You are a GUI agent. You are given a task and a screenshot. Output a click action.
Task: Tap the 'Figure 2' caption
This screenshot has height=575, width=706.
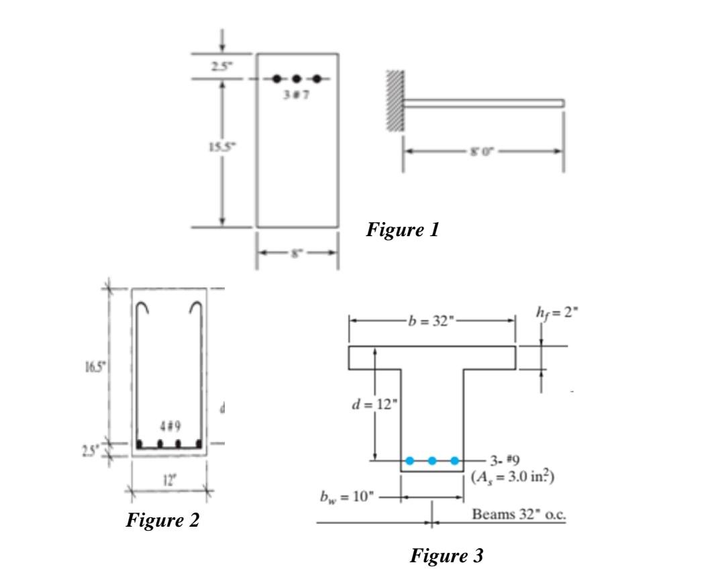[163, 520]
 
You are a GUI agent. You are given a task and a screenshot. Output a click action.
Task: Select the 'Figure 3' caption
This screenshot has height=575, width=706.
[446, 555]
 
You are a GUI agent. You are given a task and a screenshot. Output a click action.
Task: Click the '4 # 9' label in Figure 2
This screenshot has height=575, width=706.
[168, 427]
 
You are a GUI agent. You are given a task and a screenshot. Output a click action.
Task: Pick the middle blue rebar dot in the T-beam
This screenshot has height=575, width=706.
[432, 460]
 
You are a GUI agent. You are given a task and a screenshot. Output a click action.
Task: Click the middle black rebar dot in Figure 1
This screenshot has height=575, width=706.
[297, 79]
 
